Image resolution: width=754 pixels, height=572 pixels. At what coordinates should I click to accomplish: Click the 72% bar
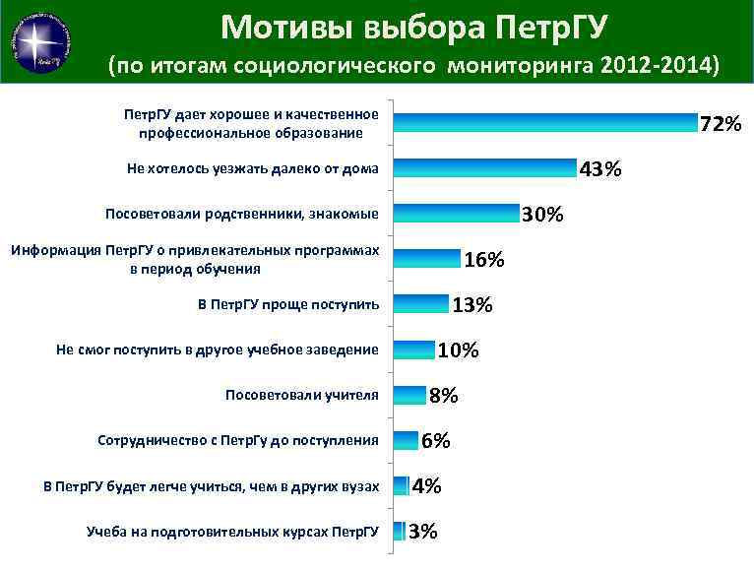tap(544, 123)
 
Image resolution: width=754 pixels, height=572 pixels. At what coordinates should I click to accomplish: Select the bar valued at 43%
tap(484, 168)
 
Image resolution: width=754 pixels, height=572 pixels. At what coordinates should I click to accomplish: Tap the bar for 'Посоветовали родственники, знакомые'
tap(456, 214)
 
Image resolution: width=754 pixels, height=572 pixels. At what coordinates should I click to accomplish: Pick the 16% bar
tap(426, 259)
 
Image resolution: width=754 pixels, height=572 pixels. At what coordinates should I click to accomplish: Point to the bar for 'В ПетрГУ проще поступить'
tap(420, 304)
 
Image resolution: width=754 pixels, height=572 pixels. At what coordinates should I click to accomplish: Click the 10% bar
tap(413, 350)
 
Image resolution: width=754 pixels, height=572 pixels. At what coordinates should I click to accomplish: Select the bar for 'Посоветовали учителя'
tap(409, 395)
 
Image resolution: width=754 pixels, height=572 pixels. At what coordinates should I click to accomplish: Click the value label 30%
tap(542, 215)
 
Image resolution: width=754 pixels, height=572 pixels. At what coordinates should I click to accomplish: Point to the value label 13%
tap(471, 305)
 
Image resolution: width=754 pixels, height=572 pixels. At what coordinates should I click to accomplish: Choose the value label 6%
tap(436, 441)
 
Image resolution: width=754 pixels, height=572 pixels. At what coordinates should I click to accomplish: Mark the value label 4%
tap(426, 486)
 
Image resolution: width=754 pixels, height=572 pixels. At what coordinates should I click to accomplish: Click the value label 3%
tap(422, 532)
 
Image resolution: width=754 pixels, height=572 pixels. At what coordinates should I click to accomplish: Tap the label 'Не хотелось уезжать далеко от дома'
tap(252, 168)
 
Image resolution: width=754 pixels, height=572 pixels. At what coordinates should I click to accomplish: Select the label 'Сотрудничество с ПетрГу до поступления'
tap(238, 440)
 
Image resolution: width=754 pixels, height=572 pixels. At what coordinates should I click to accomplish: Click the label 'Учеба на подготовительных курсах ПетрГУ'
tap(232, 532)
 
